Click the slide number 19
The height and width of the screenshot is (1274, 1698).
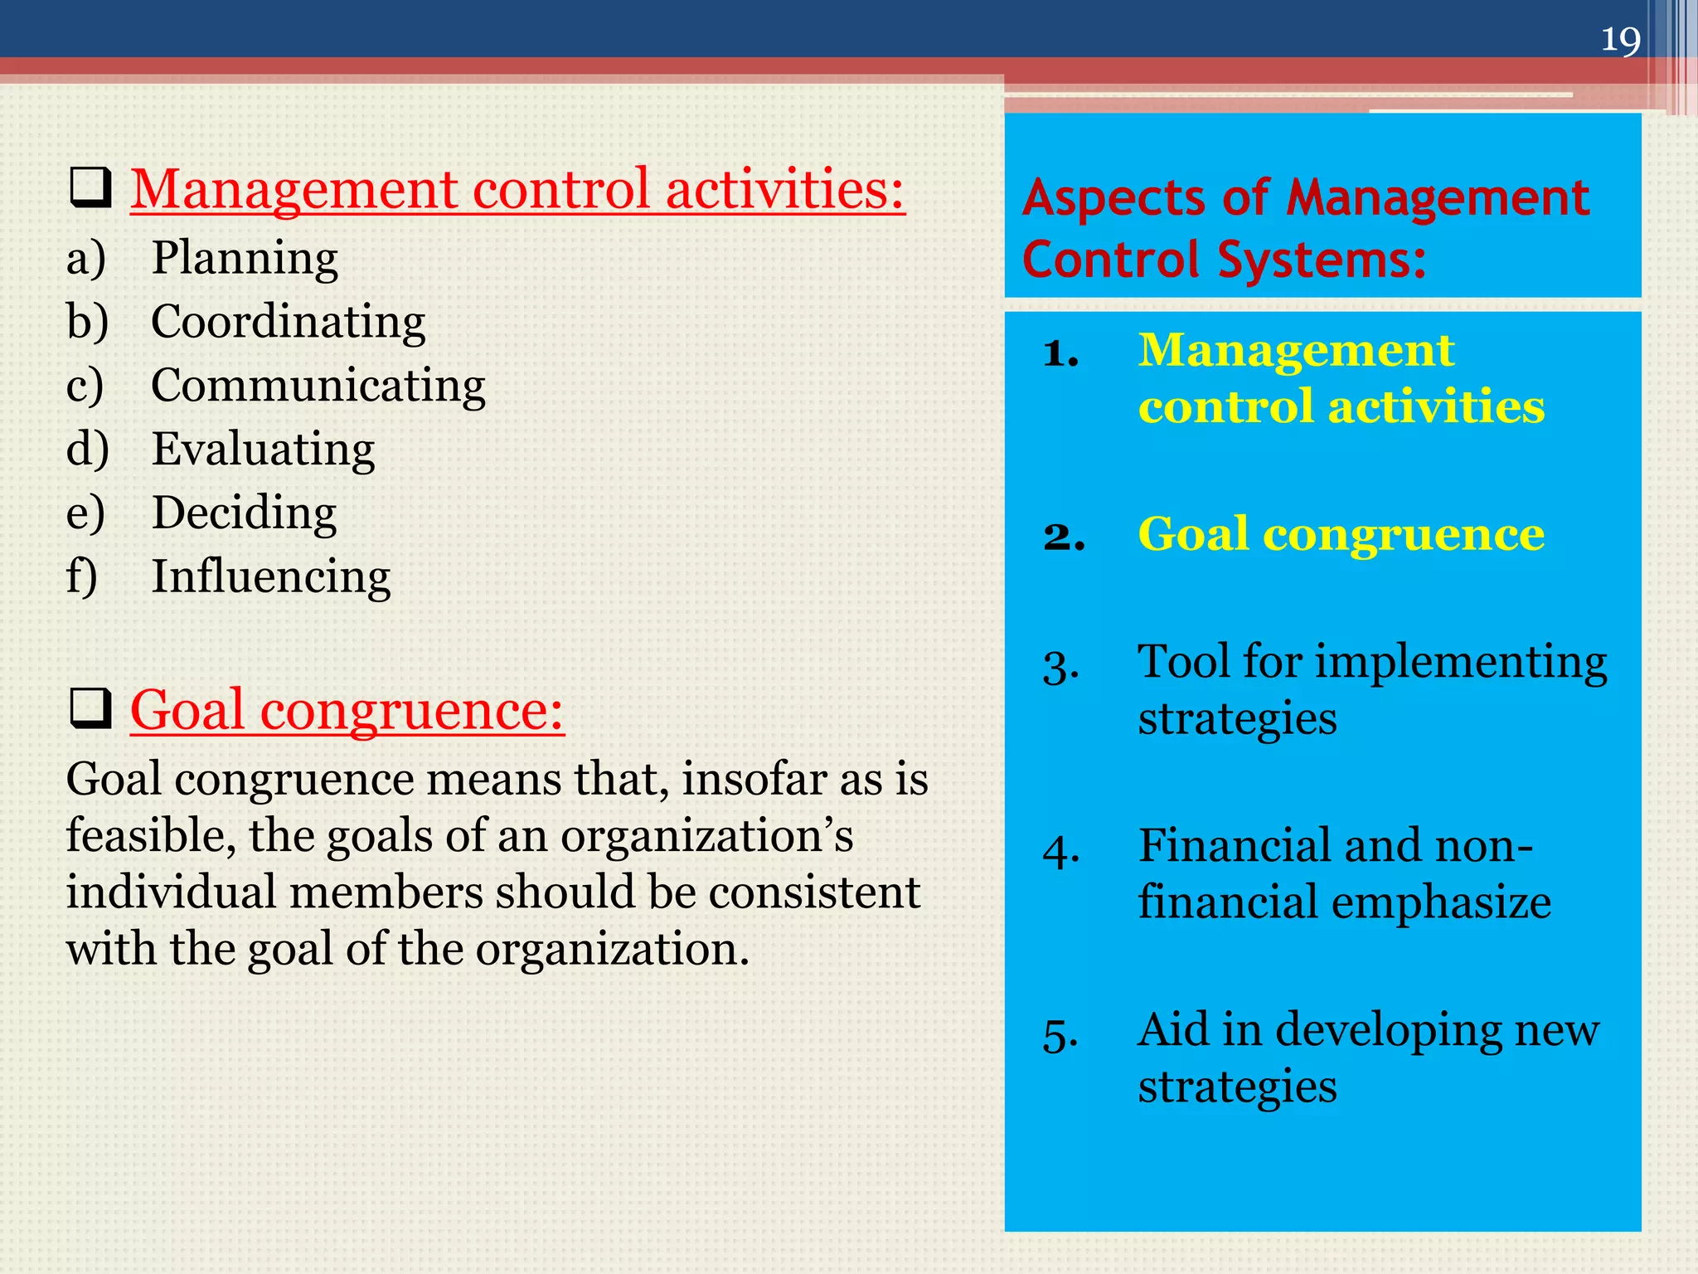coord(1620,40)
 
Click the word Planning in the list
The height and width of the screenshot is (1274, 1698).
coord(245,259)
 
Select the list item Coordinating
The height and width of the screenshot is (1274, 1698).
coord(288,322)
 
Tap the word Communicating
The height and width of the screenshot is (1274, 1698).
coord(318,386)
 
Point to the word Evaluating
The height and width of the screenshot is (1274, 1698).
coord(263,450)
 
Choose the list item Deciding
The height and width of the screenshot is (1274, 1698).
coord(244,513)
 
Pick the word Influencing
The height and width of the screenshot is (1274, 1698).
coord(270,576)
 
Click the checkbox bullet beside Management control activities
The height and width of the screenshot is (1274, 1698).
coord(90,188)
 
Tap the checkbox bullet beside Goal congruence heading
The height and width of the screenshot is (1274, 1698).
coord(90,709)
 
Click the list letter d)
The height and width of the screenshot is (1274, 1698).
coord(87,450)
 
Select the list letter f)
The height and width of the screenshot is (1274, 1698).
coord(81,576)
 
